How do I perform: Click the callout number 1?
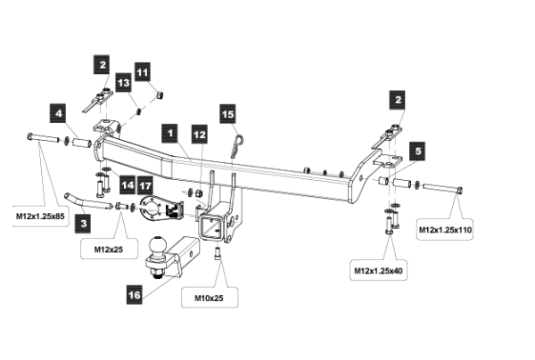(x=168, y=130)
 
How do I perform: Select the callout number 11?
(x=142, y=69)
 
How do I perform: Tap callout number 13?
(x=124, y=83)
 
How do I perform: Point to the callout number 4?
(x=57, y=114)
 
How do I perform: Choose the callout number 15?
(x=227, y=114)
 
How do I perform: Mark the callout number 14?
(x=128, y=185)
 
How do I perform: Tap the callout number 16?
(x=134, y=293)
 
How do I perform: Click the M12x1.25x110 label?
(x=446, y=230)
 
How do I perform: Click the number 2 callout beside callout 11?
(x=104, y=65)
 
